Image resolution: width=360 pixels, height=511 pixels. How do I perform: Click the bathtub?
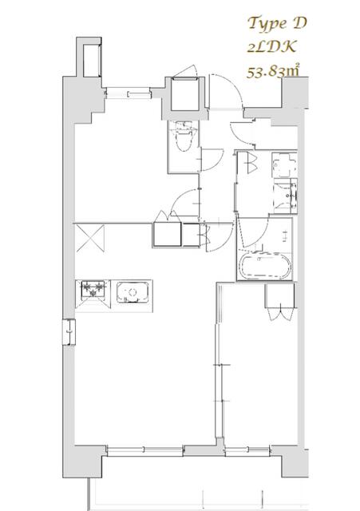point(265,267)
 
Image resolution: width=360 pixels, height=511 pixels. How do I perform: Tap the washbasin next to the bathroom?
point(284,194)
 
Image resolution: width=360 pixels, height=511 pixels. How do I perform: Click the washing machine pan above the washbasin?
point(284,165)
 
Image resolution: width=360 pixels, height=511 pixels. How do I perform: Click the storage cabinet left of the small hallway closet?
point(168,236)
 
